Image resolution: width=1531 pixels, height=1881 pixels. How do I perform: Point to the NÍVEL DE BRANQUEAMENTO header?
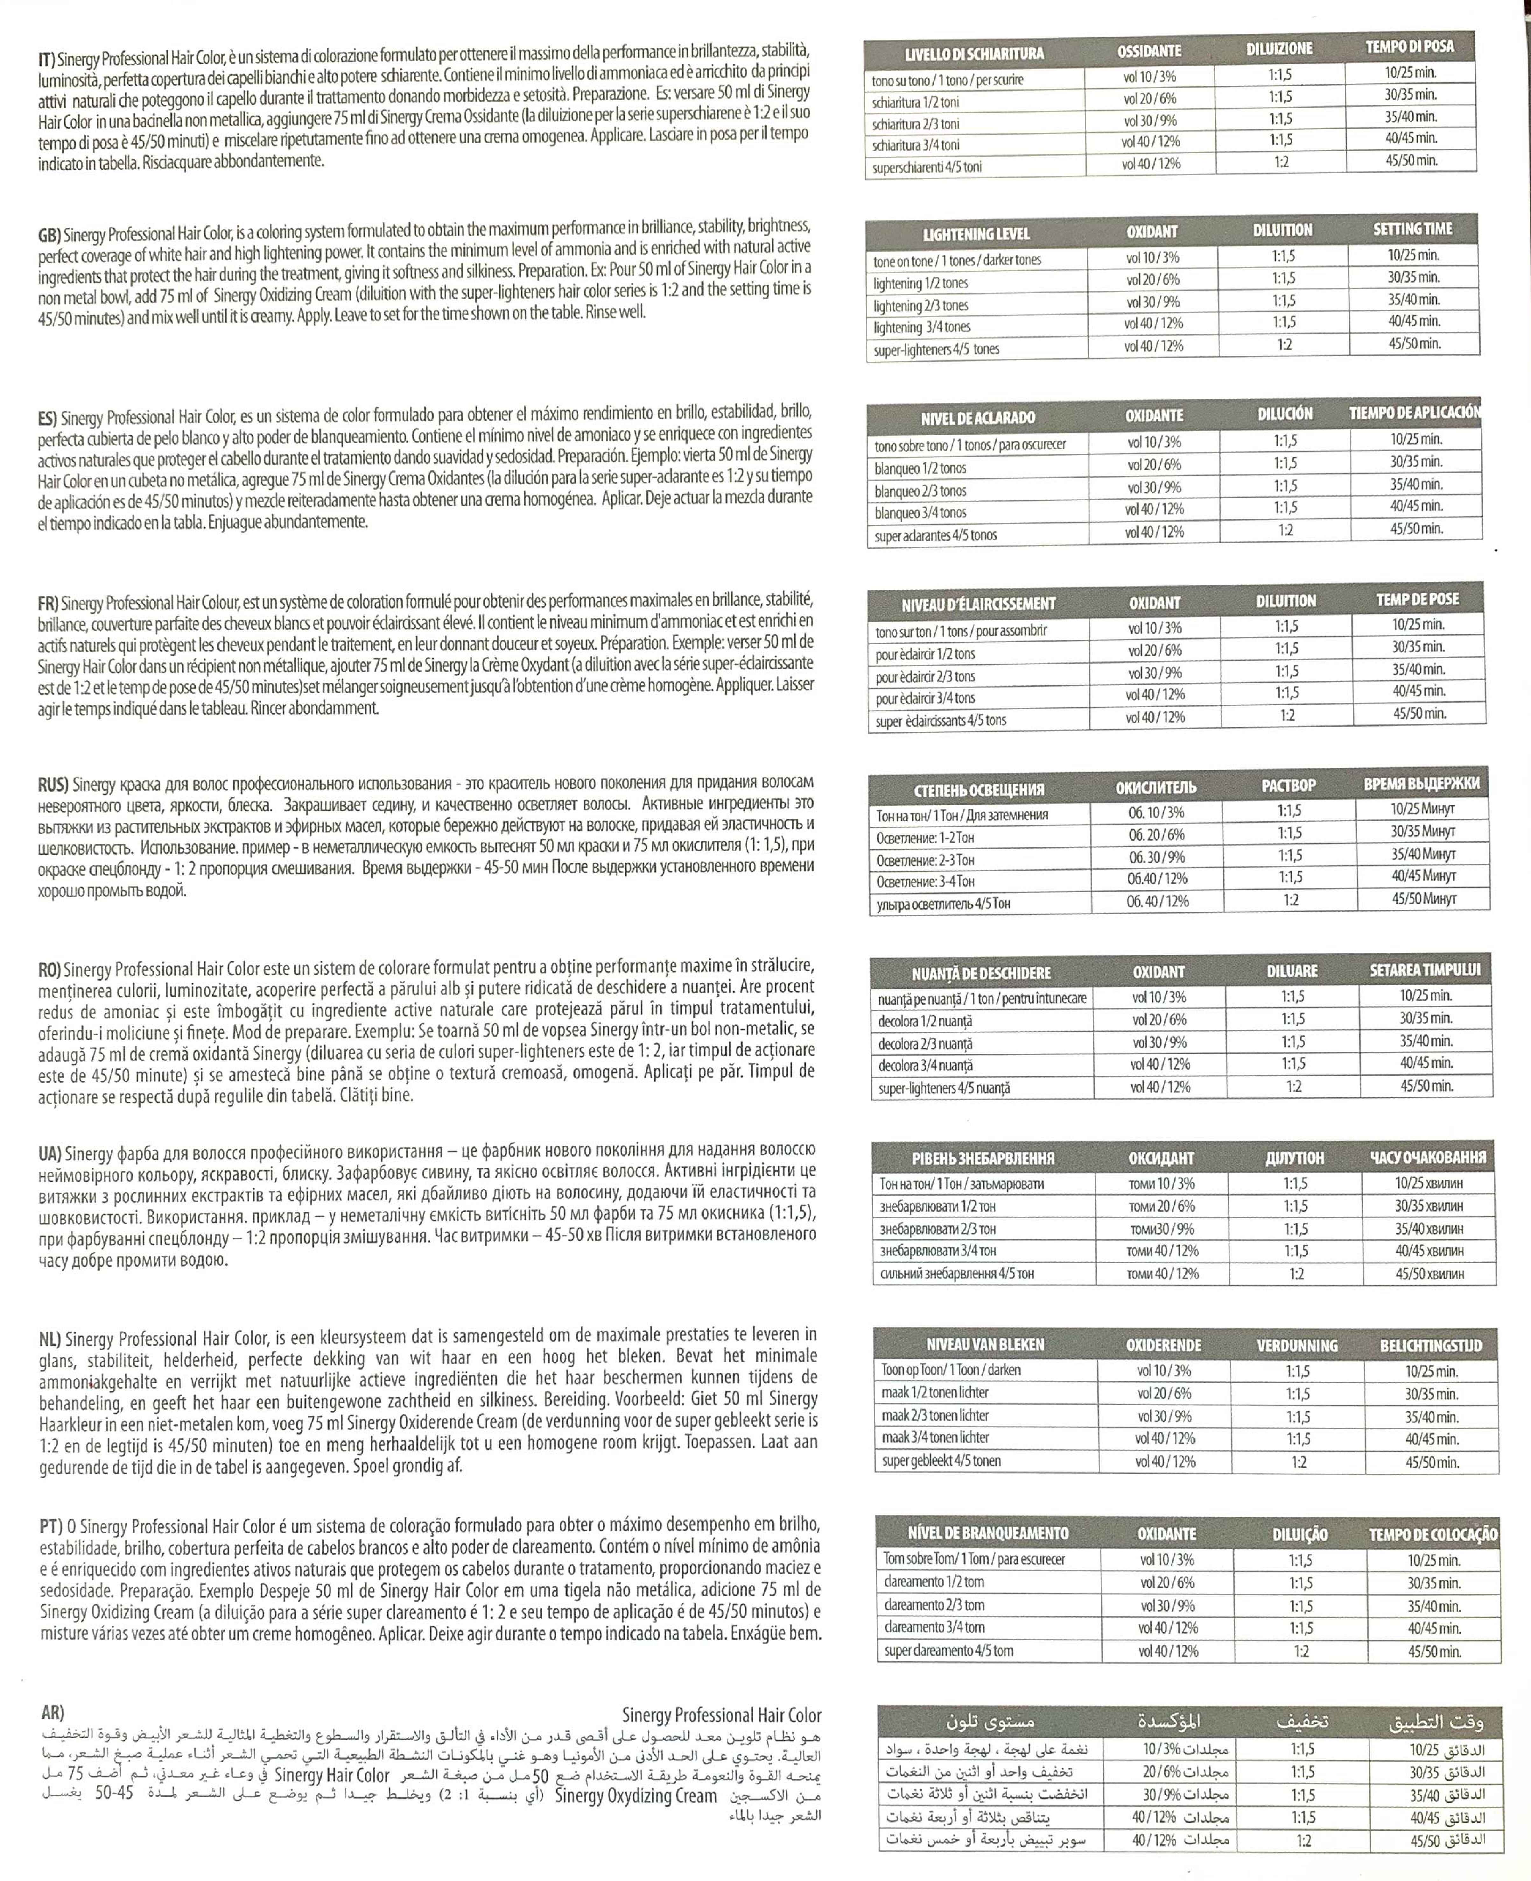click(x=988, y=1533)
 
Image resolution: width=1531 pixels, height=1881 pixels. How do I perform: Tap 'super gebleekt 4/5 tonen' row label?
click(x=941, y=1461)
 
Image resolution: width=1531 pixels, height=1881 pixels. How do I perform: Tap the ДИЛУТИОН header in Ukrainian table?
click(x=1295, y=1158)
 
